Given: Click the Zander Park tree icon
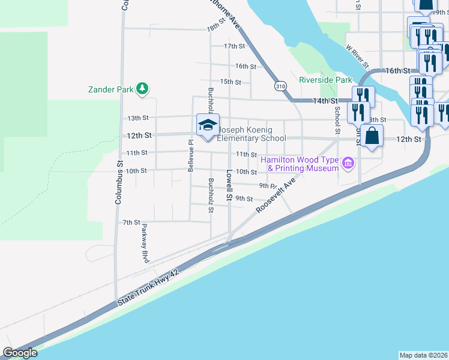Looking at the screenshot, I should click(142, 89).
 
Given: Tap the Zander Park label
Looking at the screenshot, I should click(110, 89).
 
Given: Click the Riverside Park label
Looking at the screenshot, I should click(325, 80).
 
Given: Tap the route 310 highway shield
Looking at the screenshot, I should click(280, 86).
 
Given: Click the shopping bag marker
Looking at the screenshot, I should click(372, 136).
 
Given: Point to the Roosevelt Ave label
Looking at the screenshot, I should click(277, 194).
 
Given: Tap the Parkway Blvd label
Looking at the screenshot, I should click(144, 244).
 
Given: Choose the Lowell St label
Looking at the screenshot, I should click(229, 184).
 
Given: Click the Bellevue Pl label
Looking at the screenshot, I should click(190, 156).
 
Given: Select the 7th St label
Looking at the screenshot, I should click(131, 222).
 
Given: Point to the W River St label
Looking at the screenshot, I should click(357, 55).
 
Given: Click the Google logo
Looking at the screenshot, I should click(20, 353).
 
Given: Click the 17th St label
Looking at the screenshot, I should click(234, 46).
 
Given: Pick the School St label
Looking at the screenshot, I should click(337, 120).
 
